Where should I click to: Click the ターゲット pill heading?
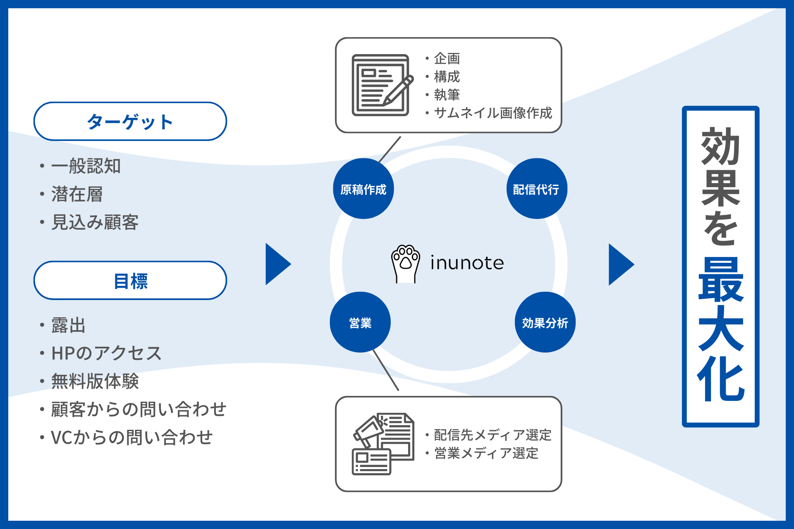click(x=130, y=122)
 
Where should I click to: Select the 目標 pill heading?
click(x=130, y=281)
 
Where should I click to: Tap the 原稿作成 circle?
click(x=363, y=189)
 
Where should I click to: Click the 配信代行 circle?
click(x=536, y=189)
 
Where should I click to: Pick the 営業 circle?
click(x=360, y=322)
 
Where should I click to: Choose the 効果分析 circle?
click(x=545, y=322)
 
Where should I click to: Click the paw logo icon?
click(x=405, y=264)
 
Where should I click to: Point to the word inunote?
click(x=467, y=263)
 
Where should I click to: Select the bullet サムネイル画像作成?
click(x=493, y=113)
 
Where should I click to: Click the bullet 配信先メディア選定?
click(x=492, y=435)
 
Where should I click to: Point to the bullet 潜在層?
click(x=77, y=194)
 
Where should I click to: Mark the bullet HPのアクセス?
click(x=106, y=353)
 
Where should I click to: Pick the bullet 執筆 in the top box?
click(x=447, y=95)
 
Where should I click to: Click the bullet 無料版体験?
click(x=95, y=381)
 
